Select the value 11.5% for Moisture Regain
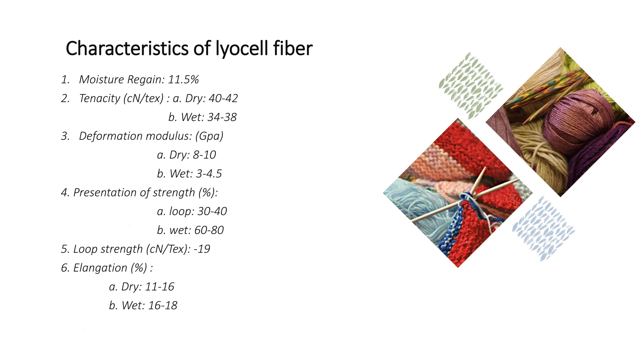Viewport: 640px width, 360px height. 183,80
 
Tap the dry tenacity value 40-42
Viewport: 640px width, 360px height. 223,98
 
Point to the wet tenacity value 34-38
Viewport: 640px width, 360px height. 222,117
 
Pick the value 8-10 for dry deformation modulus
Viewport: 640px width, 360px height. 204,155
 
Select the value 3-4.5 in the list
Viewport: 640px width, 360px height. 209,174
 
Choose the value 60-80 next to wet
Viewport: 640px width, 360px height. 209,230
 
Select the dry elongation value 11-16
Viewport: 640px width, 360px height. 159,287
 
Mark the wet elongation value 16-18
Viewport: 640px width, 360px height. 162,306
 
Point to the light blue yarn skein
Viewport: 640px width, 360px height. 416,200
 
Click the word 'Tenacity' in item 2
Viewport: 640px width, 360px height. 99,98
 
